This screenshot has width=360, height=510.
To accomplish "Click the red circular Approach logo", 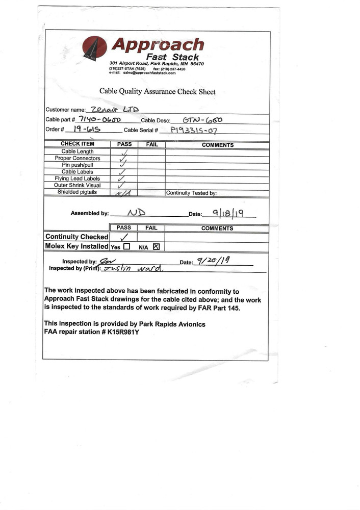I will click(94, 48).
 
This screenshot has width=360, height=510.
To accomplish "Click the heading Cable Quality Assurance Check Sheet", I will click(157, 92).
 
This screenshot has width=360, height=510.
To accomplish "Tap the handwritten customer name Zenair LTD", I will click(114, 109).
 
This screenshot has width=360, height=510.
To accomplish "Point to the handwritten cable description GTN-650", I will click(202, 120).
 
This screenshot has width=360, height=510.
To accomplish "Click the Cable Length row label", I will click(78, 151).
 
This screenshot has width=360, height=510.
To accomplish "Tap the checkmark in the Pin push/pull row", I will click(122, 165).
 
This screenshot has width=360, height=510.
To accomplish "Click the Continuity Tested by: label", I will click(191, 193).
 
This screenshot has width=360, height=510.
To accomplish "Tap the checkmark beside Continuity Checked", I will click(123, 237).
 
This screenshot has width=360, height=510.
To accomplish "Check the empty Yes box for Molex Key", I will click(126, 246).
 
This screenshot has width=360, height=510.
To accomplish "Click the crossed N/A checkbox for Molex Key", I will click(156, 246).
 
